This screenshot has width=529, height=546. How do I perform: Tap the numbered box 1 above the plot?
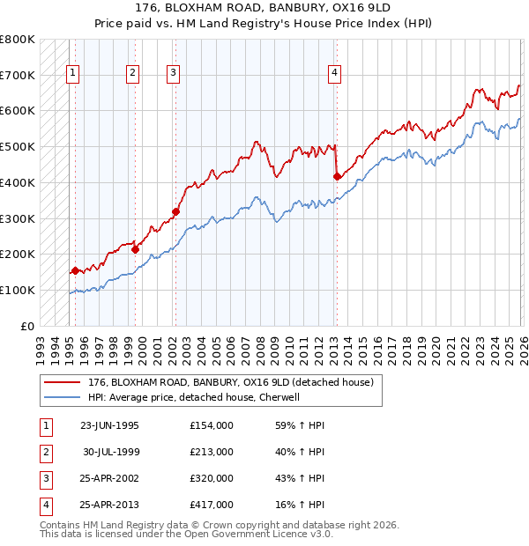click(x=72, y=74)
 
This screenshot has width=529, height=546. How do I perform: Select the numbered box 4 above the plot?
click(x=335, y=74)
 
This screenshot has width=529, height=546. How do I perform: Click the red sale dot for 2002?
click(x=175, y=211)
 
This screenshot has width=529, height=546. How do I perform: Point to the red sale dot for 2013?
click(x=337, y=176)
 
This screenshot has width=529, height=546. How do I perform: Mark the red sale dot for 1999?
click(x=136, y=249)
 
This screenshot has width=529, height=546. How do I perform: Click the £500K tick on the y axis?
click(x=18, y=146)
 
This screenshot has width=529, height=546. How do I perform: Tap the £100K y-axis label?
click(x=18, y=290)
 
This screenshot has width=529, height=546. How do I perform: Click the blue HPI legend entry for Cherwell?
click(x=194, y=397)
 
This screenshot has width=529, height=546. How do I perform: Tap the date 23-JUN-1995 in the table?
click(x=109, y=425)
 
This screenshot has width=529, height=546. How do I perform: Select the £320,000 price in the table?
click(x=212, y=478)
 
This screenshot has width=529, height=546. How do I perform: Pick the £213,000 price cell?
click(x=212, y=452)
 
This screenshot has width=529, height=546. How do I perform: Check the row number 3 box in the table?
click(x=44, y=478)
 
